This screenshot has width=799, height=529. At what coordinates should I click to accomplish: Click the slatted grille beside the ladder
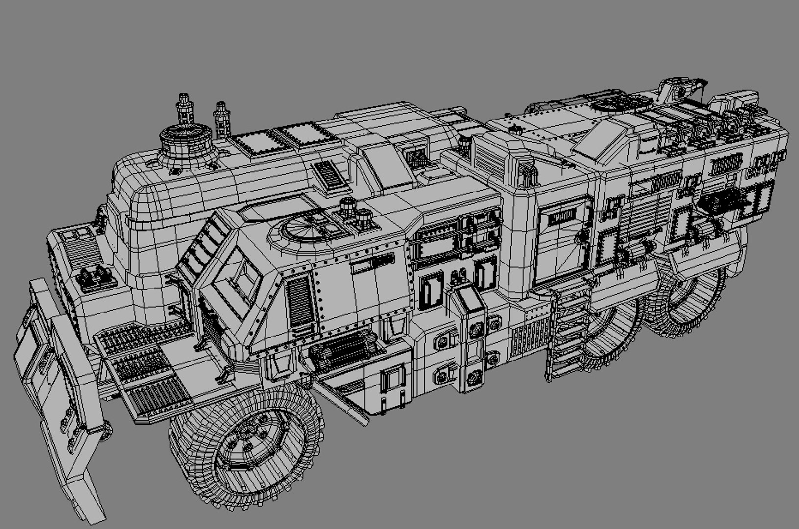(x=529, y=338)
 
